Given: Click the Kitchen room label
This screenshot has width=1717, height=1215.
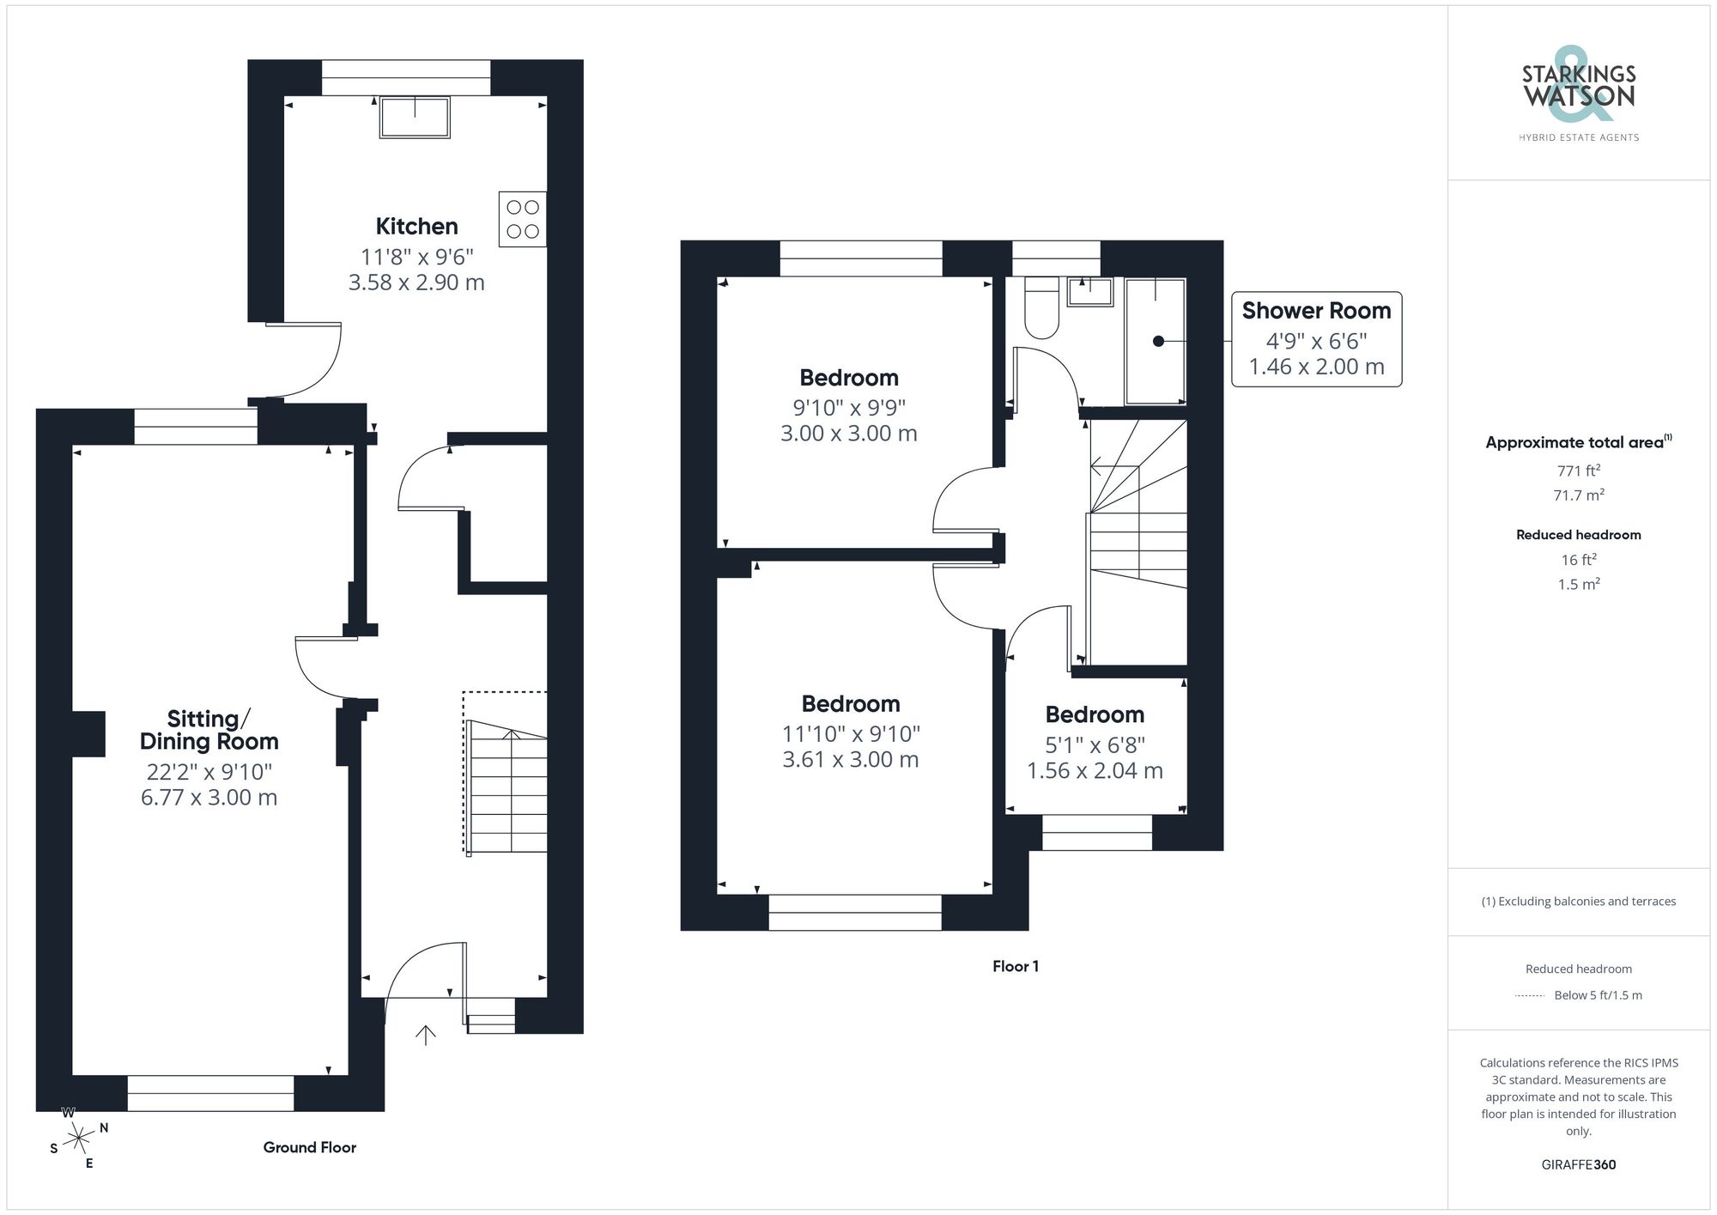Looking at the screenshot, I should pos(416,227).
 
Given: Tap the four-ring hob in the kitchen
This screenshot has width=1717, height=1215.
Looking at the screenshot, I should pos(522,219).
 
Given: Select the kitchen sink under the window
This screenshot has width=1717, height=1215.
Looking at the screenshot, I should pos(416,118).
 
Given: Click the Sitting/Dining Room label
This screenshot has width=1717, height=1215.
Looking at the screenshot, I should pos(209,730).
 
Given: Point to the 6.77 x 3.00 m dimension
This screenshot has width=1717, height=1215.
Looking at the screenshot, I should pos(209,798).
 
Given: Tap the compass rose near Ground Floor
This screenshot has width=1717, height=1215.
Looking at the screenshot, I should pos(79,1139).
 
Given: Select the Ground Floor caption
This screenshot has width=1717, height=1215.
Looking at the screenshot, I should pos(309,1147).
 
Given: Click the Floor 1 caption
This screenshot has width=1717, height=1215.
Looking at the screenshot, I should pos(1015,966).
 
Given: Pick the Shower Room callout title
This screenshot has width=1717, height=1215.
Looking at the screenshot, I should pos(1315,311).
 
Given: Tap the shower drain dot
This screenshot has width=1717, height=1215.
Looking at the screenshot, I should pos(1157,341).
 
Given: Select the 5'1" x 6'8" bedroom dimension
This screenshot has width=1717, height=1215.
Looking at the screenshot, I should pos(1095,745).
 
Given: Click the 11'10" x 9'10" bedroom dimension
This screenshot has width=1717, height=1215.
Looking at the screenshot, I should pos(850,734).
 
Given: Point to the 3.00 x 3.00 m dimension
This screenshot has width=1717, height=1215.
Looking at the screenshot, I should pos(848,434).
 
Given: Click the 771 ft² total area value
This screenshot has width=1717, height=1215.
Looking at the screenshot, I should pos(1578,471).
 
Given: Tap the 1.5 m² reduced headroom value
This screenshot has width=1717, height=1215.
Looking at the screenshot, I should pos(1578,584).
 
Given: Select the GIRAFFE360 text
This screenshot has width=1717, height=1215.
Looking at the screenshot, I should pos(1578,1164).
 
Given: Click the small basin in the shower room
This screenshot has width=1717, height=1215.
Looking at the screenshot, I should pos(1089,292).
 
